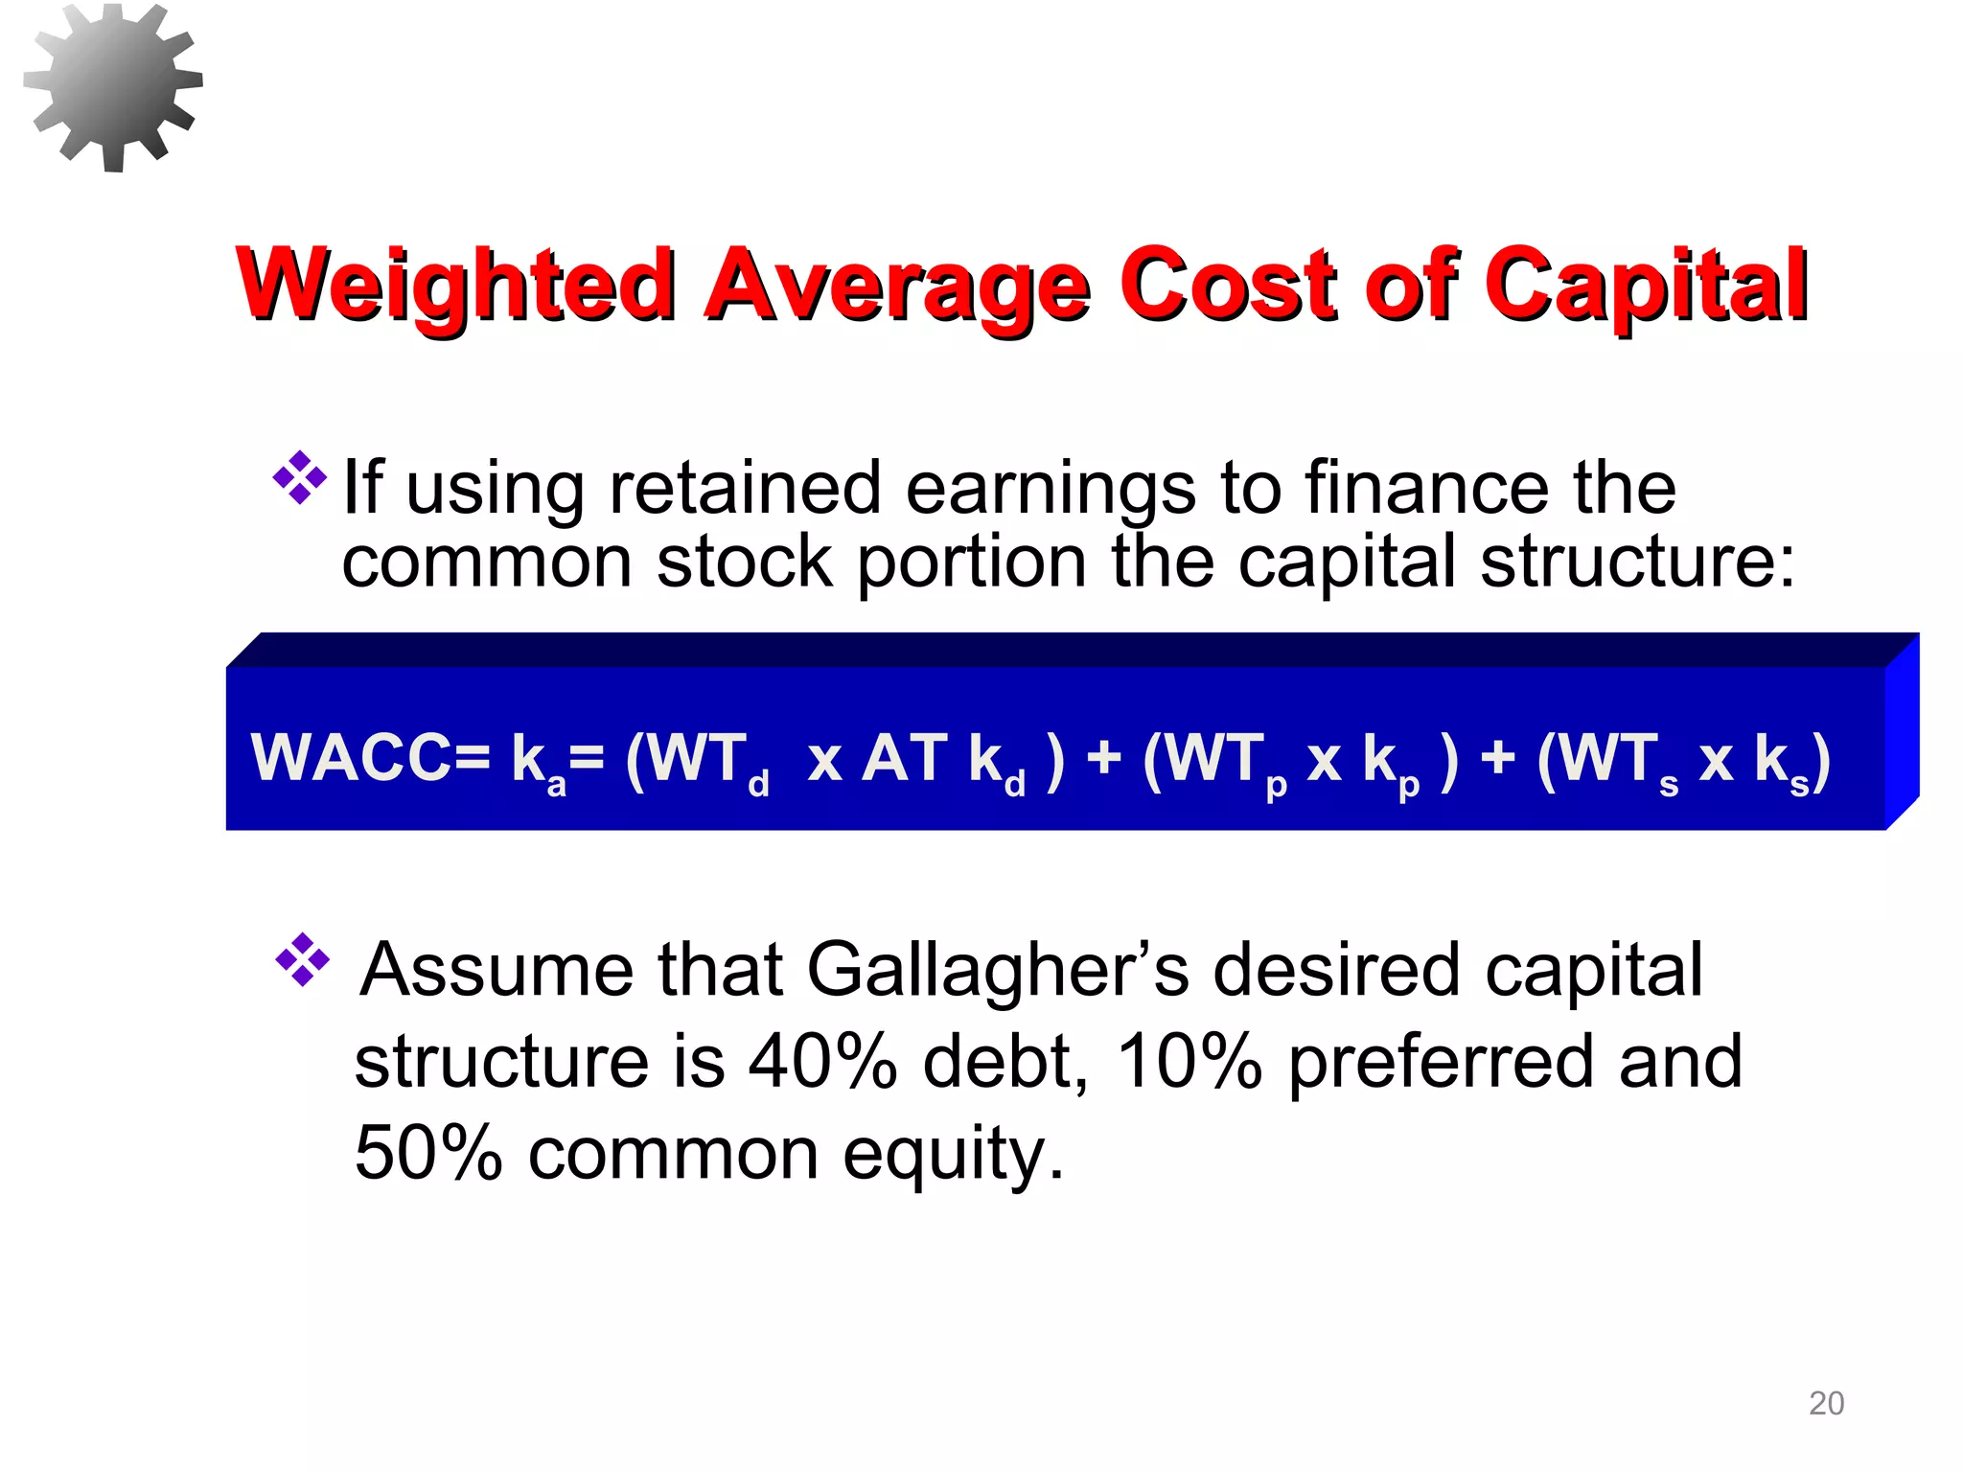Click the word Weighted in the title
pyautogui.click(x=456, y=285)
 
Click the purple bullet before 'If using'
pyautogui.click(x=300, y=477)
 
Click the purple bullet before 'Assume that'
pyautogui.click(x=303, y=959)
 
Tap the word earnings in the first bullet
pyautogui.click(x=1051, y=490)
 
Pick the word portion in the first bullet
pyautogui.click(x=971, y=563)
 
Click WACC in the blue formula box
pyautogui.click(x=370, y=758)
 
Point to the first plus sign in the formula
pyautogui.click(x=1104, y=758)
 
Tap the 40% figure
pyautogui.click(x=822, y=1062)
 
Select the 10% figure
pyautogui.click(x=1189, y=1062)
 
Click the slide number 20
pyautogui.click(x=1826, y=1403)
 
